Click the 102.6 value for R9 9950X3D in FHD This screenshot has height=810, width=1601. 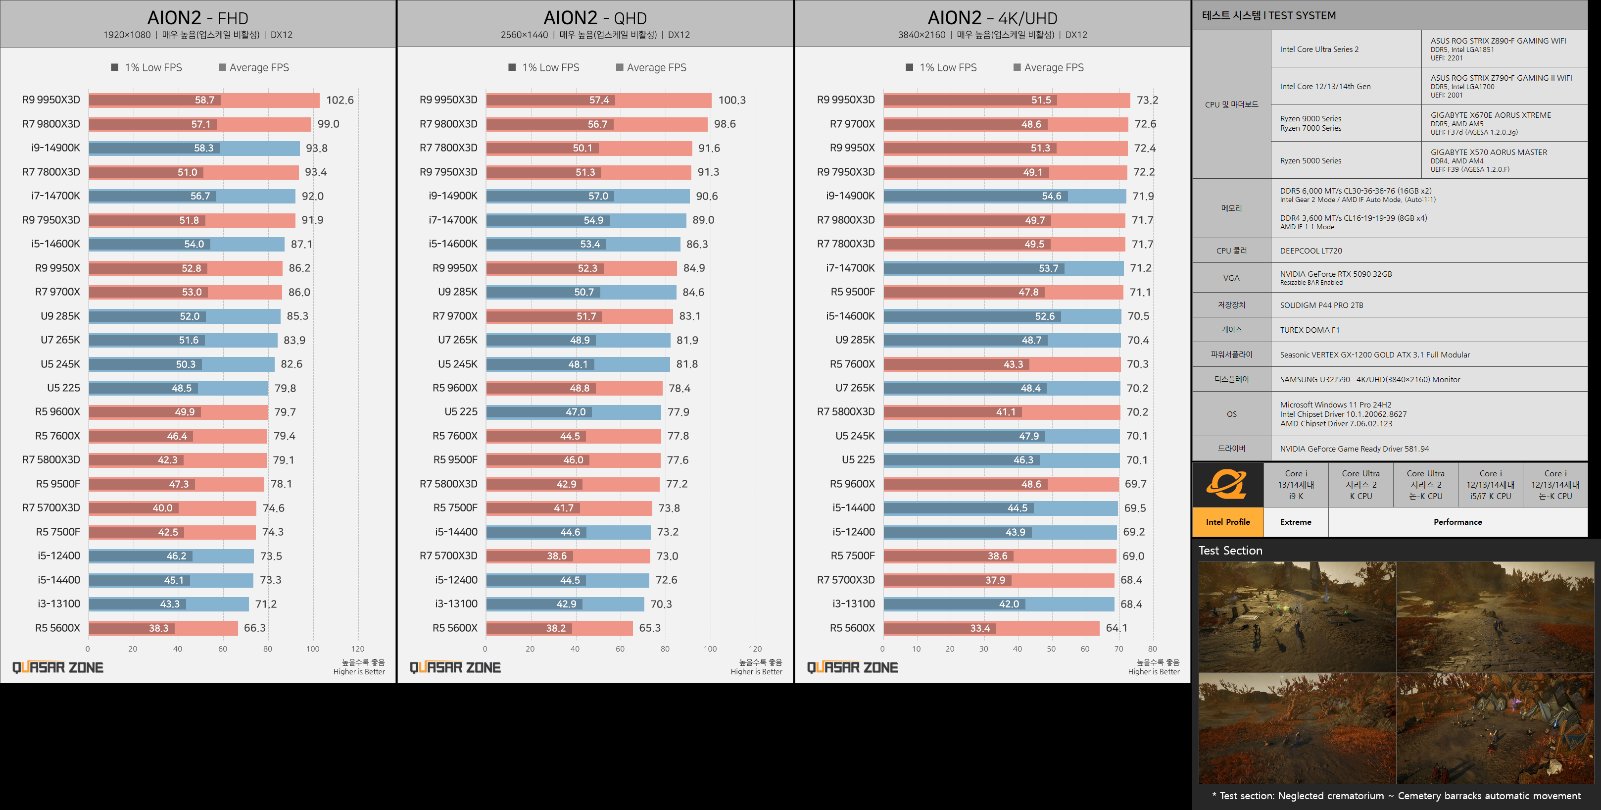[340, 100]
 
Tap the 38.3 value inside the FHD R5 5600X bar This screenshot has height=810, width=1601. [158, 628]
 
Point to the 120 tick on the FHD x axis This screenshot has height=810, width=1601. [357, 649]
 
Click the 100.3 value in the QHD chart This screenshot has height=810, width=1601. [731, 100]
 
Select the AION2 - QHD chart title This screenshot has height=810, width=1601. [595, 18]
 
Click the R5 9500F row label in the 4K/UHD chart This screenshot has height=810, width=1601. [852, 292]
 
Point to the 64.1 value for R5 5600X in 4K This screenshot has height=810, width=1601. [1116, 628]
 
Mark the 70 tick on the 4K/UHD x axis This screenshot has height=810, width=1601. [1118, 649]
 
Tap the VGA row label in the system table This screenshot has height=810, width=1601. [1231, 278]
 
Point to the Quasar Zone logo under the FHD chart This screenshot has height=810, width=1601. [58, 667]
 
